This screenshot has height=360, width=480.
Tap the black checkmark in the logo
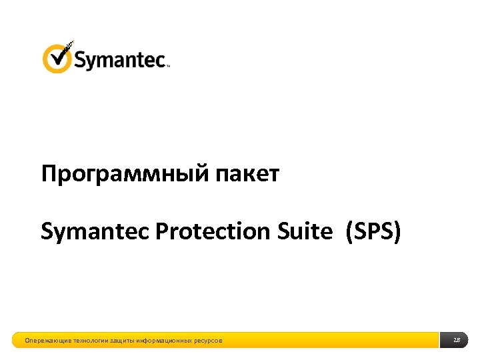pyautogui.click(x=62, y=53)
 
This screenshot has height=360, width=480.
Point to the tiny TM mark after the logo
pyautogui.click(x=167, y=66)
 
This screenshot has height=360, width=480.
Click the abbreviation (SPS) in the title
pyautogui.click(x=373, y=231)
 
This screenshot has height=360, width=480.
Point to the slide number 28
pyautogui.click(x=457, y=341)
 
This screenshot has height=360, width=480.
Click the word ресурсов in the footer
pyautogui.click(x=209, y=341)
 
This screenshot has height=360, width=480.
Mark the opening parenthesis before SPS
pyautogui.click(x=349, y=232)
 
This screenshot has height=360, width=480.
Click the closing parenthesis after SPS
pyautogui.click(x=398, y=232)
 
